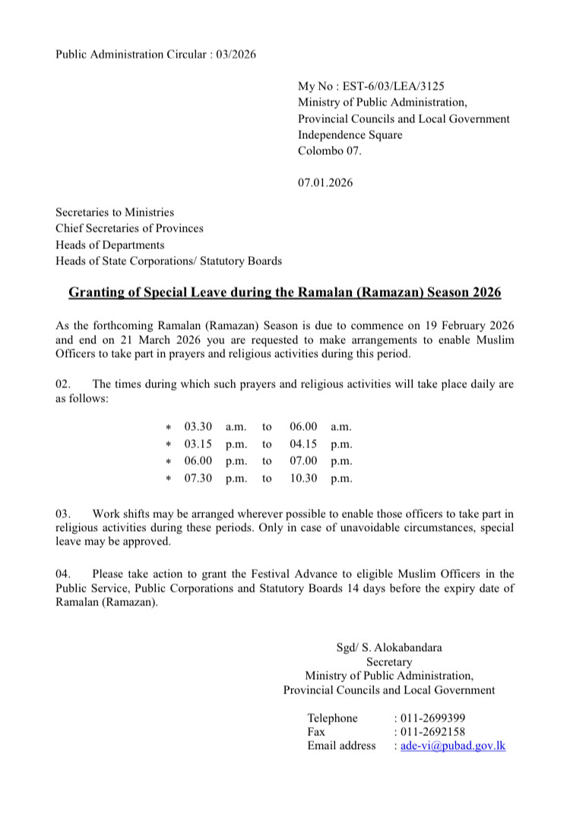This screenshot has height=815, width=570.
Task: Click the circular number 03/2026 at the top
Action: click(x=236, y=54)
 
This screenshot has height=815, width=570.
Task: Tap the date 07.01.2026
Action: click(x=325, y=182)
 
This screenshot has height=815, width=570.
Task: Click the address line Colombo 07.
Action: click(x=331, y=150)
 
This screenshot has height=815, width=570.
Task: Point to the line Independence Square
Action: click(x=350, y=134)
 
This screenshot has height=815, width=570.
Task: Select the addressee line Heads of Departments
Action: click(x=109, y=245)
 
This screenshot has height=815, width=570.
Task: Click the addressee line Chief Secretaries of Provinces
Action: click(x=129, y=229)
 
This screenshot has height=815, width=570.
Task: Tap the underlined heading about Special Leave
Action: click(x=285, y=292)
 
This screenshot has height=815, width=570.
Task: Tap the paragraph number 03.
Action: click(x=63, y=514)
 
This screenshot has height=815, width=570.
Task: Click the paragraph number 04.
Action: click(x=63, y=574)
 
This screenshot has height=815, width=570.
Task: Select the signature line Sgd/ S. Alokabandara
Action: click(x=389, y=648)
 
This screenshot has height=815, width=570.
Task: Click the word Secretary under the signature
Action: click(x=389, y=662)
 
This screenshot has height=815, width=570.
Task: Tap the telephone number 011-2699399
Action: click(x=433, y=718)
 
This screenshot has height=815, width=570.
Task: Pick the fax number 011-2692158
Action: click(x=433, y=731)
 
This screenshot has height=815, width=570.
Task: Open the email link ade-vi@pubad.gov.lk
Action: click(x=453, y=746)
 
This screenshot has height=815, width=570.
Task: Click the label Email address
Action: click(x=341, y=746)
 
